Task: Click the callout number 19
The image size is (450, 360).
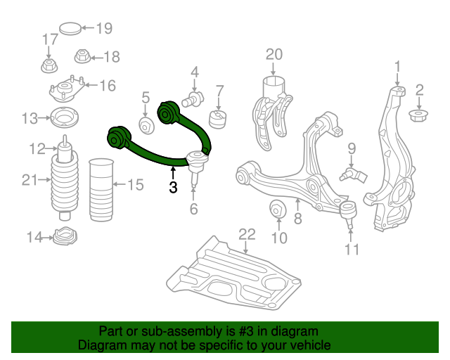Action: click(x=104, y=29)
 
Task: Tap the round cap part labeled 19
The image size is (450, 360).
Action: click(x=70, y=30)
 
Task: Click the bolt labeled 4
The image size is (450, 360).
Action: click(x=193, y=98)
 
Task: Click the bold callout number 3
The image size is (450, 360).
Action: click(x=173, y=187)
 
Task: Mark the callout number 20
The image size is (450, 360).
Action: click(x=274, y=53)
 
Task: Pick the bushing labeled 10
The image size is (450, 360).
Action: click(x=278, y=209)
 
